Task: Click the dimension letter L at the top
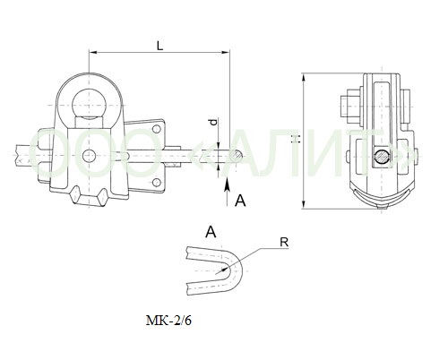160,46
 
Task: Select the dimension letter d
213,122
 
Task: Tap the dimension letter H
296,139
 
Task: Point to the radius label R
284,243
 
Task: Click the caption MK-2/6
168,321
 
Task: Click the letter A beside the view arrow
240,201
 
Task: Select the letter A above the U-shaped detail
211,232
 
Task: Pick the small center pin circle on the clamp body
89,156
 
